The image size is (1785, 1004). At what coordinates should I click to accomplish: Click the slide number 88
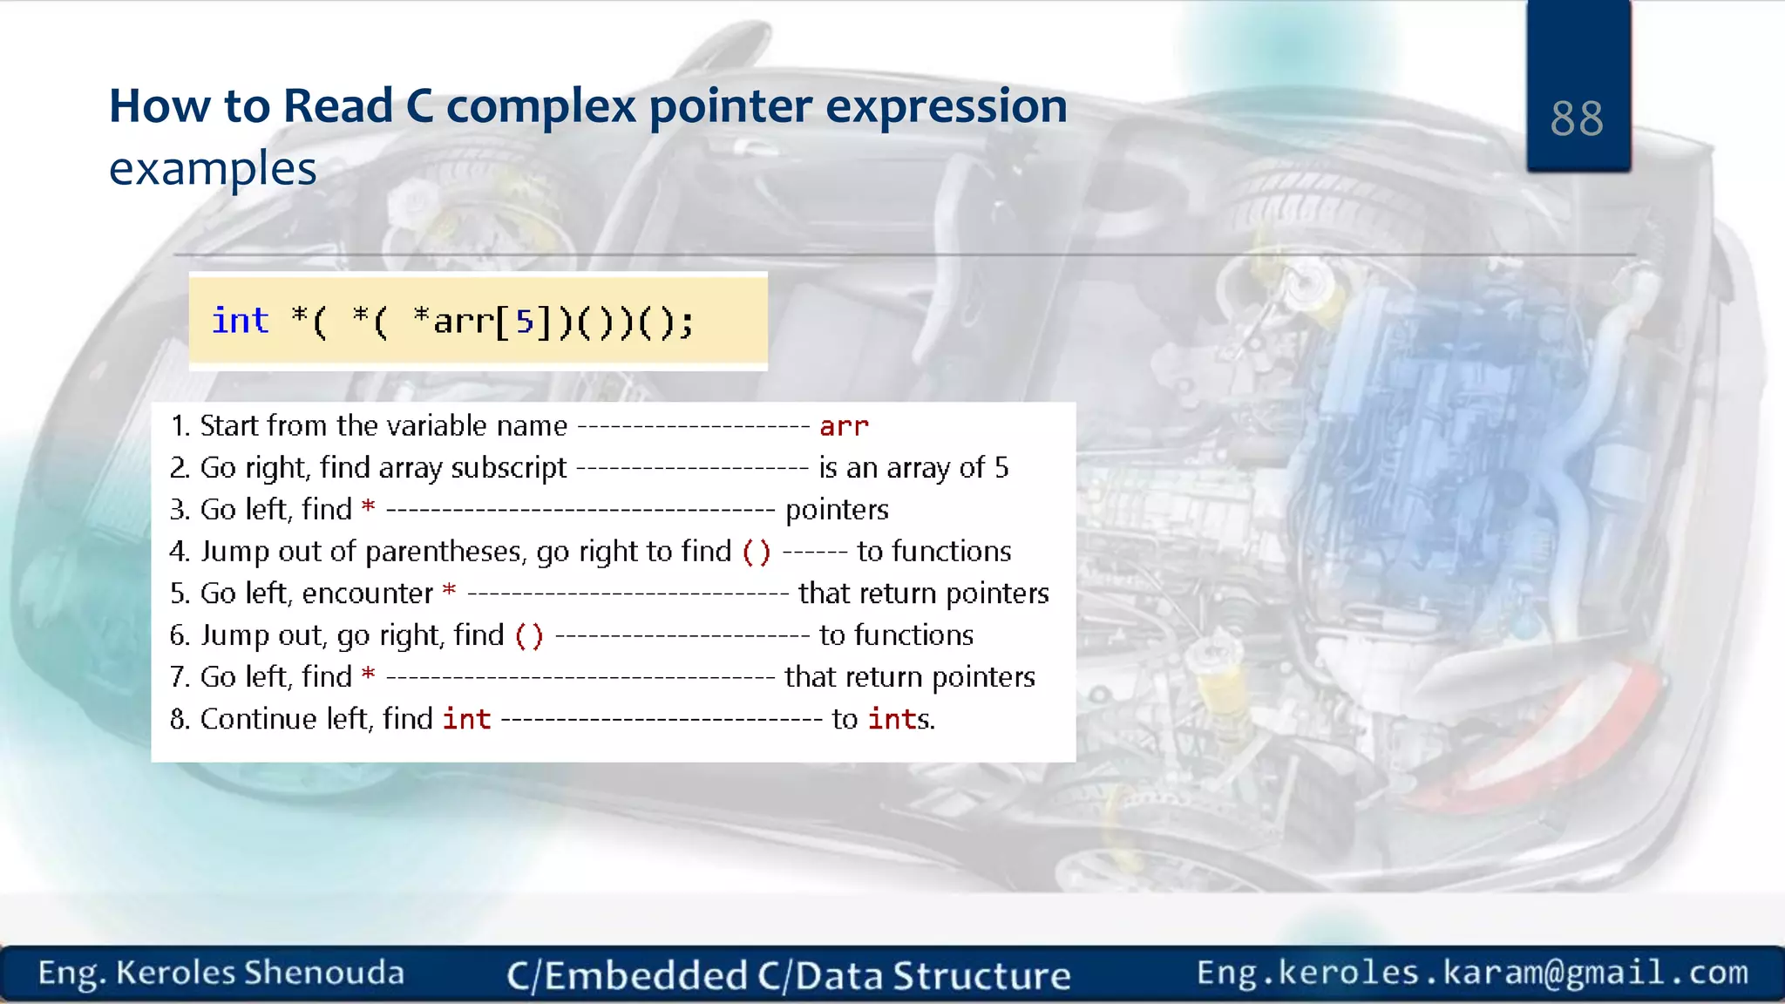(1577, 119)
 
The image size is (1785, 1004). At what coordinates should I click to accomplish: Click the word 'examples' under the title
(213, 169)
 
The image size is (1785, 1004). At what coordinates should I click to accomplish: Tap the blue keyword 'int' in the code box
(241, 321)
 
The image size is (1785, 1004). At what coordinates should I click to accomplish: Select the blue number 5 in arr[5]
(524, 322)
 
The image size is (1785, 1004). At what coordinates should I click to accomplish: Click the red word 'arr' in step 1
(844, 426)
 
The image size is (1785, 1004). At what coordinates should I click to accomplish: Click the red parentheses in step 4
(756, 552)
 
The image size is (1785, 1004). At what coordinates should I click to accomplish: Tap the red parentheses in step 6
(528, 635)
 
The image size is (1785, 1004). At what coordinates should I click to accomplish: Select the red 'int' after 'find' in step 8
(466, 719)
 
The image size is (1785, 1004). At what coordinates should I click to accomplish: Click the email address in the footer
(1472, 973)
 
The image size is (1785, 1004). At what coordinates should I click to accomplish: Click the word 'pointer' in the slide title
(730, 106)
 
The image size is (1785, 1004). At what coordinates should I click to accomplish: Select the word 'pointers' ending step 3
(837, 510)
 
